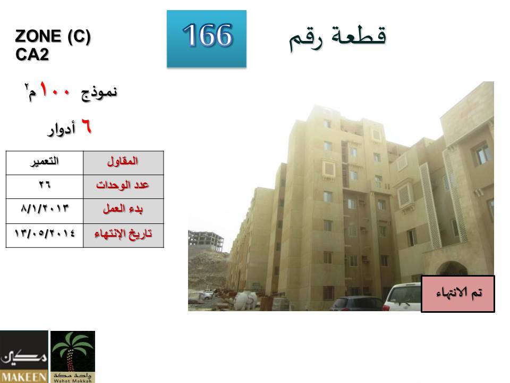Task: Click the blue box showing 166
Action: [x=207, y=39]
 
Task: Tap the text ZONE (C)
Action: [x=53, y=36]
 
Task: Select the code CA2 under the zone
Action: [x=32, y=54]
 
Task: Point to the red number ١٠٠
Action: [x=55, y=90]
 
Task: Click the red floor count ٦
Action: [x=86, y=126]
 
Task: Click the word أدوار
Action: [x=62, y=129]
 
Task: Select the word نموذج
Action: [x=99, y=93]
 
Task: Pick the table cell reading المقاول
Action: [x=123, y=163]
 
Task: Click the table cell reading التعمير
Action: [x=45, y=163]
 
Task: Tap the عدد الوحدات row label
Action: [x=123, y=187]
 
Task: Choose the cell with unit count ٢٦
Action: [x=45, y=187]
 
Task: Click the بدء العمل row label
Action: [x=123, y=211]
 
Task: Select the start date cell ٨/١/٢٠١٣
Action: [x=45, y=211]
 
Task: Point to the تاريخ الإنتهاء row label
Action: [x=123, y=236]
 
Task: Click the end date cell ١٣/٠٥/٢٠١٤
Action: [x=45, y=236]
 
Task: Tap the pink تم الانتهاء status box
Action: [x=458, y=294]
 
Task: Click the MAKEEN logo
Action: [x=24, y=356]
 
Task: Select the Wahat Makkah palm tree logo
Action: [x=73, y=356]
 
